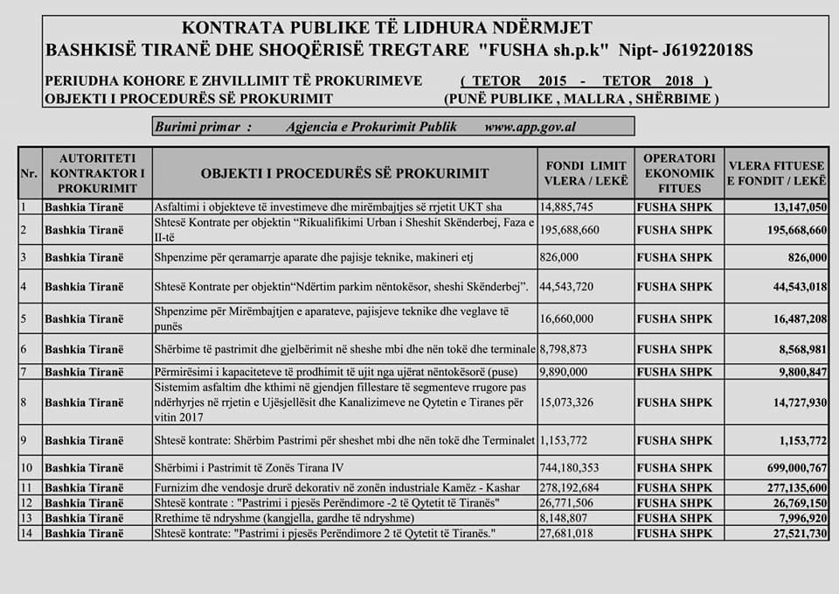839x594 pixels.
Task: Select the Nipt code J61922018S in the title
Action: coord(700,50)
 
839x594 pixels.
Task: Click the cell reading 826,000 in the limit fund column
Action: coord(560,257)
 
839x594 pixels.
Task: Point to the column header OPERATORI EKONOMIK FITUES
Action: coord(679,173)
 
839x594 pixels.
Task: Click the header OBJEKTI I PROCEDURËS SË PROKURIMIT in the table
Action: coord(345,173)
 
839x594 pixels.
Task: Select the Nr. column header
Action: coord(28,173)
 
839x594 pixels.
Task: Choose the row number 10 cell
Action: coord(28,466)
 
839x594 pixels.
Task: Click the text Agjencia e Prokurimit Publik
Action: coord(371,127)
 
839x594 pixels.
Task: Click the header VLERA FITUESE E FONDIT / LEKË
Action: coord(776,173)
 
